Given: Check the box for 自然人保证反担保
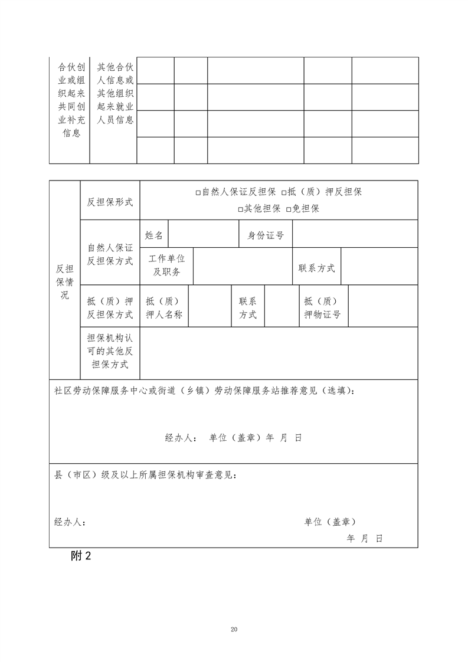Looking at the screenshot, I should pos(198,192).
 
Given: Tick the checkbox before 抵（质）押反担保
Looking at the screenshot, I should pos(284,192).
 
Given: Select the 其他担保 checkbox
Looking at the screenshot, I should pos(240,209).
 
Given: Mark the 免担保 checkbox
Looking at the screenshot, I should pos(289,209).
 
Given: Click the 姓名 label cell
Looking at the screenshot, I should pos(154,235).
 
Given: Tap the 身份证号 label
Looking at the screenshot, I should pos(266,235).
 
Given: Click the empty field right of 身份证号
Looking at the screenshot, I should pos(355,235).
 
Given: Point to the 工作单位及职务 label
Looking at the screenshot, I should pos(166,266).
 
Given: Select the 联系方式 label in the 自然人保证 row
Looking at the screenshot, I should pos(316,268).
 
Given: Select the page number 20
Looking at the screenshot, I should pos(234,630).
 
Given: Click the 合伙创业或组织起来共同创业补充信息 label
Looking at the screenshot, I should pos(69,100).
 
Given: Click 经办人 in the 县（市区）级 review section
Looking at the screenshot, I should pos(70,522).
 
